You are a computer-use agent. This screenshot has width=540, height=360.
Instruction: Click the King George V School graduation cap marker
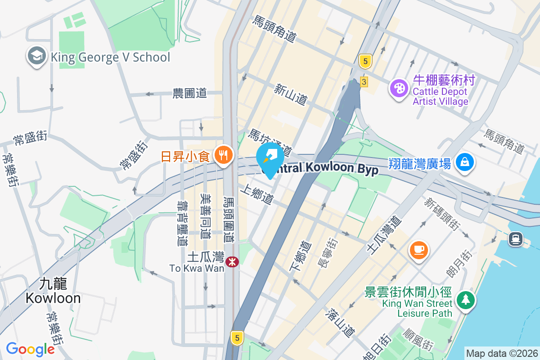pyautogui.click(x=35, y=57)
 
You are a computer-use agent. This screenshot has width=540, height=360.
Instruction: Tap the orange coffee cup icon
pyautogui.click(x=419, y=249)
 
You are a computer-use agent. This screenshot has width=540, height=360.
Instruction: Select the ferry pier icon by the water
pyautogui.click(x=516, y=238)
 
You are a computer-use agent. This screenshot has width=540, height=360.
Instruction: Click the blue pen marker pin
pyautogui.click(x=270, y=159)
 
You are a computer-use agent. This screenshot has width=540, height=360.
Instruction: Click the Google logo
pyautogui.click(x=30, y=349)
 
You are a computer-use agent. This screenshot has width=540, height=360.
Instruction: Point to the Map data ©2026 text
pyautogui.click(x=502, y=353)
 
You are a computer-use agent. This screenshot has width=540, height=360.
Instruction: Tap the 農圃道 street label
pyautogui.click(x=190, y=94)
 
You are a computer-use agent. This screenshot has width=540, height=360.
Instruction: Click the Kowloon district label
pyautogui.click(x=53, y=291)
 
